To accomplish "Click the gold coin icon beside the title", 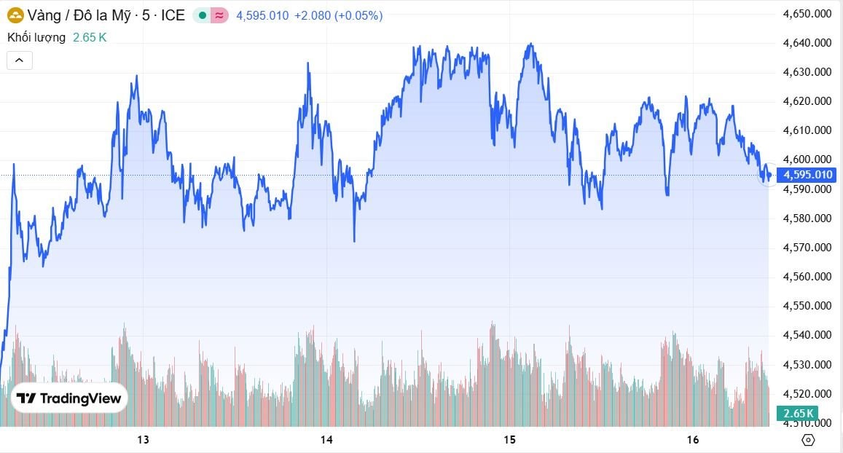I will (x=15, y=15).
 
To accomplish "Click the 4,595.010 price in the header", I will (x=262, y=15).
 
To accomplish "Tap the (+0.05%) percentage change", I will (x=358, y=15).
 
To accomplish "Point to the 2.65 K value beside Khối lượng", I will (x=90, y=37).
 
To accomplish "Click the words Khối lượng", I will (x=36, y=37).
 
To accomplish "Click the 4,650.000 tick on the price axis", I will (x=806, y=13).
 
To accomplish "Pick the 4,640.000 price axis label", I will (x=806, y=42).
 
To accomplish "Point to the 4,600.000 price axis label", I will (x=806, y=159).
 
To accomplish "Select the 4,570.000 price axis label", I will (x=806, y=247).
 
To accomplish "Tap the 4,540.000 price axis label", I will (x=806, y=335).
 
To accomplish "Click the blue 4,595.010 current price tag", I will (x=807, y=175).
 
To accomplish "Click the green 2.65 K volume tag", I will (x=798, y=414).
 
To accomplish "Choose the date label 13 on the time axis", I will (x=143, y=439).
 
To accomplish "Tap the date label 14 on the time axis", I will (x=326, y=439).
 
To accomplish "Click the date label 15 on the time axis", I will (x=509, y=439).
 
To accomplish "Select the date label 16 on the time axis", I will (x=693, y=439).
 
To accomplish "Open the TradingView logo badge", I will (x=69, y=398).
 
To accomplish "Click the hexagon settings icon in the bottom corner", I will (x=808, y=439).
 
